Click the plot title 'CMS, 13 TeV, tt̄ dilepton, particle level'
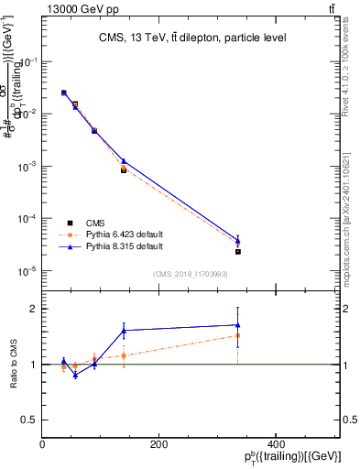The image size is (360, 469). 191,38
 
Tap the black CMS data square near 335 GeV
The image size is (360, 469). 237,251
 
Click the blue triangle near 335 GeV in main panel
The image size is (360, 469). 237,241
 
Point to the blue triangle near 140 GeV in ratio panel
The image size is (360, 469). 124,330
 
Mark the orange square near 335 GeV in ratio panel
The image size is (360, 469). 237,335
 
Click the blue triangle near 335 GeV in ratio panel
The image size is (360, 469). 237,324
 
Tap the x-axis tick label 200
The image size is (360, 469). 158,444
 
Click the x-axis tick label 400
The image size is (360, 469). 275,444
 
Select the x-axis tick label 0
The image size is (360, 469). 43,444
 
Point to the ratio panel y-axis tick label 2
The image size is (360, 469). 34,309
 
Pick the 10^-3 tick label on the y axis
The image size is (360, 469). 27,167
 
